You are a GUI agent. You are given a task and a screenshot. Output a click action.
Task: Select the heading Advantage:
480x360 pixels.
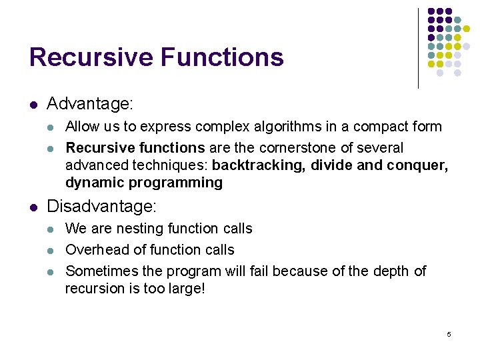click(90, 104)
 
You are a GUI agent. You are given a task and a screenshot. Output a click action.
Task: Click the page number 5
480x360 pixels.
click(449, 333)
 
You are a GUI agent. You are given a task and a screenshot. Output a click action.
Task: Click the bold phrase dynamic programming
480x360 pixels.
click(143, 182)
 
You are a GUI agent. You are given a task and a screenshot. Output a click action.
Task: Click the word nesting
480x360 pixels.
click(141, 229)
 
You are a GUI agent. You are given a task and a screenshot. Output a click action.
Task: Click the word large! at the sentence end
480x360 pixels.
click(186, 288)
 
